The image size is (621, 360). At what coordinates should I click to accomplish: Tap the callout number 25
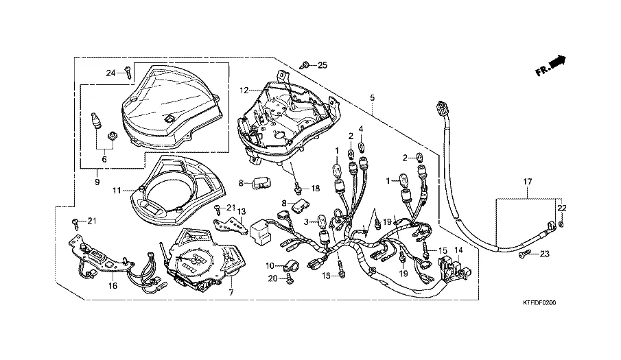pyautogui.click(x=322, y=65)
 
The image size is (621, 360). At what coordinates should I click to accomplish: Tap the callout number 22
pyautogui.click(x=562, y=207)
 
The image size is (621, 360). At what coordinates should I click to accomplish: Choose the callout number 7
pyautogui.click(x=231, y=293)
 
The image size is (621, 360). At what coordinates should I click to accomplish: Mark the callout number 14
pyautogui.click(x=458, y=250)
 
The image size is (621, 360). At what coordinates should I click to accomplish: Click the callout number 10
pyautogui.click(x=270, y=265)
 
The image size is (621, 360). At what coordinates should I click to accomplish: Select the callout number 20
pyautogui.click(x=272, y=278)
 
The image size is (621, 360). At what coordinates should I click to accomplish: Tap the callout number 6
pyautogui.click(x=104, y=159)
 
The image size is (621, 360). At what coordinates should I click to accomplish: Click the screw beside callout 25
pyautogui.click(x=305, y=65)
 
